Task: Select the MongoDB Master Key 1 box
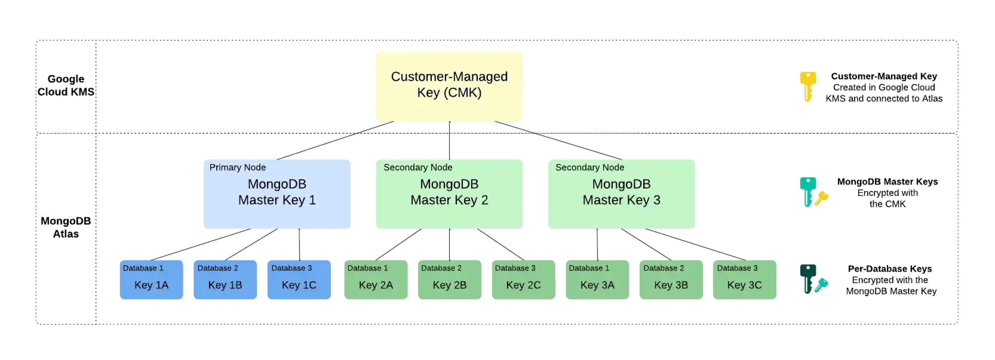tap(277, 194)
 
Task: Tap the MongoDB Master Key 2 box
tap(449, 194)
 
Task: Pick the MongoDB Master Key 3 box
tap(621, 194)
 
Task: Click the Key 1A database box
tap(151, 280)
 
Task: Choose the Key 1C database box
tap(299, 280)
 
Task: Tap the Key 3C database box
tap(744, 280)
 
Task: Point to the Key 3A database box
tap(597, 280)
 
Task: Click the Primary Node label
tap(237, 167)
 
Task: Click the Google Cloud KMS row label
tap(66, 85)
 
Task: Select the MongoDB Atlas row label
tap(66, 227)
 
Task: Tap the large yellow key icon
tap(807, 86)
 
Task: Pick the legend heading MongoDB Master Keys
tap(887, 181)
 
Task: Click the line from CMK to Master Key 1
tap(335, 141)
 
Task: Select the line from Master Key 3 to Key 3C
tap(695, 244)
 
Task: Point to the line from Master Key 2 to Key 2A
tap(398, 244)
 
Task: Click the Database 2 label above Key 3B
tap(663, 268)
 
